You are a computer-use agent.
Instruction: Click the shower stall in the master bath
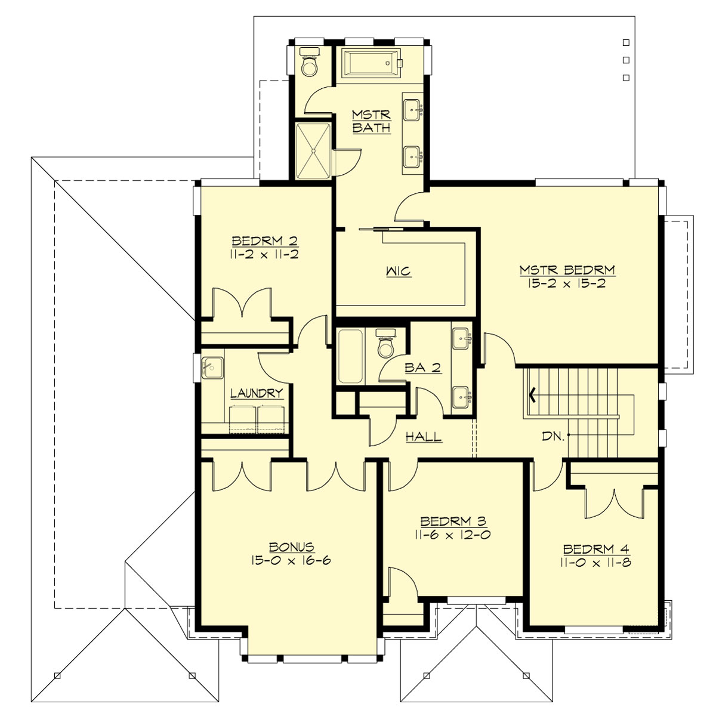(x=312, y=150)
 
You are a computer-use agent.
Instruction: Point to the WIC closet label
(x=398, y=272)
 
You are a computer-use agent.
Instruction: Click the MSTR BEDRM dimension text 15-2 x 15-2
(x=566, y=284)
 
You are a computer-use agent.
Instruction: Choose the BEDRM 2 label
(x=264, y=241)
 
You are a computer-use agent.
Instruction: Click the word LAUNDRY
(x=256, y=393)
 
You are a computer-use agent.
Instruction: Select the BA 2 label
(x=422, y=368)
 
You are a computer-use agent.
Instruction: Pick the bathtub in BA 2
(x=349, y=356)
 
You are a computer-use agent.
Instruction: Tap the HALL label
(x=424, y=437)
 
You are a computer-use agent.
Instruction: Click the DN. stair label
(x=553, y=437)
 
